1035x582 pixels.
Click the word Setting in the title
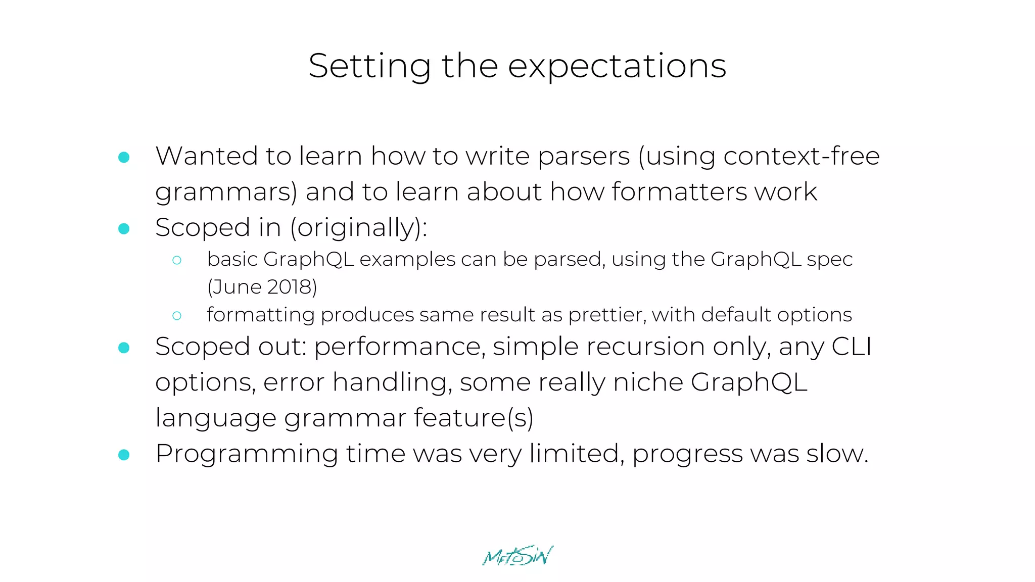coord(369,67)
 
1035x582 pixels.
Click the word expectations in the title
coord(617,67)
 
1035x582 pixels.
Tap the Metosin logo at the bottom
coord(517,556)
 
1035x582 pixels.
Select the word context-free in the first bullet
coord(802,156)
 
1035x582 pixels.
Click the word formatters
coord(679,192)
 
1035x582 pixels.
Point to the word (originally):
coord(359,228)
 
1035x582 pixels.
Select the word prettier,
coord(607,315)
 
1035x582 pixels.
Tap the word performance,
coord(400,347)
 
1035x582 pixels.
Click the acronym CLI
coord(852,347)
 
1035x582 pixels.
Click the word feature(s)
coord(474,418)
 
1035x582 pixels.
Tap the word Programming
coord(247,454)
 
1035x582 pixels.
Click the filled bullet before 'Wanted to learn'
coord(124,157)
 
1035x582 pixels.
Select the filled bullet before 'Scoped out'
coord(124,348)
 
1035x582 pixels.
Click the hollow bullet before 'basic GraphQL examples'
coord(176,260)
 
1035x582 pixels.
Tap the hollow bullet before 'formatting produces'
coord(176,316)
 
